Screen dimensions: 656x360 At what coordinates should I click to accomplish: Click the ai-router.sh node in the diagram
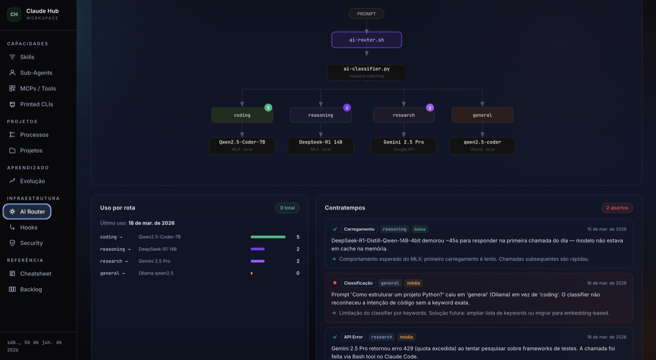click(x=366, y=40)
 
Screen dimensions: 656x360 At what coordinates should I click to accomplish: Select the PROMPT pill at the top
click(x=366, y=14)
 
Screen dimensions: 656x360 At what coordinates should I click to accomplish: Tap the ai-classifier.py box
click(x=366, y=72)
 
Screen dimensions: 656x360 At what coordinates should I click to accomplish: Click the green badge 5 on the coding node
click(x=268, y=107)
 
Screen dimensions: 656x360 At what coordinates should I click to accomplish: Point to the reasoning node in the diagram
click(x=321, y=115)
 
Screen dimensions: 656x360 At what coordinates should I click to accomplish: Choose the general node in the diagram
click(x=482, y=115)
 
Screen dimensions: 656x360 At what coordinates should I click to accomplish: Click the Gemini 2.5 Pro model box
click(x=403, y=146)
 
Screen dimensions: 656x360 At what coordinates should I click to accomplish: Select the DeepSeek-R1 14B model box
click(x=321, y=146)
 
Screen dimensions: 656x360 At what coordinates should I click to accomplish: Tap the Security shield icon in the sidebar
click(x=12, y=243)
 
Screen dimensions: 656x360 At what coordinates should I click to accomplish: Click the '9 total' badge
click(x=287, y=208)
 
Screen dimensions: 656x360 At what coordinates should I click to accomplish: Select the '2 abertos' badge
click(x=617, y=208)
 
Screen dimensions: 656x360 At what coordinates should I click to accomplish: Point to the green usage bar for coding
click(x=268, y=237)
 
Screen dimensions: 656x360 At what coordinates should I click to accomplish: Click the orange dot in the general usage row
click(x=252, y=273)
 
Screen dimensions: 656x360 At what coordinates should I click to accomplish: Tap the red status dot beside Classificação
click(x=335, y=283)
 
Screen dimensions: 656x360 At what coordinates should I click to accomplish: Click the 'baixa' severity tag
click(x=420, y=229)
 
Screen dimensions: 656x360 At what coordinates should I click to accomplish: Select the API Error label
click(x=353, y=337)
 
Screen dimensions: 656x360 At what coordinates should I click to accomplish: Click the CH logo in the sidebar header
click(x=14, y=15)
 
